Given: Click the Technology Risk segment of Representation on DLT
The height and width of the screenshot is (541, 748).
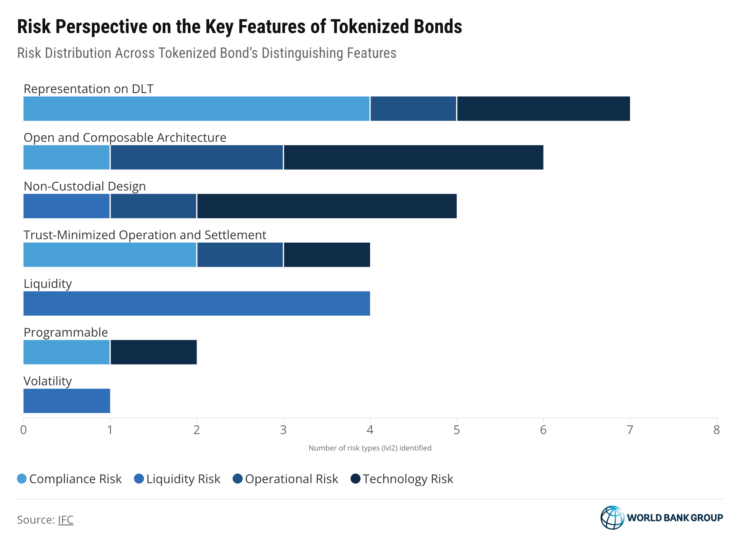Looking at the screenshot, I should click(x=543, y=109).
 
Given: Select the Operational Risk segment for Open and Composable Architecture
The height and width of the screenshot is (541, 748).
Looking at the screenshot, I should click(x=197, y=157).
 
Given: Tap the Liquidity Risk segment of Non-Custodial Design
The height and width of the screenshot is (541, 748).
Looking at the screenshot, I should click(x=67, y=206).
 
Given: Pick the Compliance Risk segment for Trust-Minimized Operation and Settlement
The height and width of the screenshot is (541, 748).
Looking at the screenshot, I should click(x=110, y=255).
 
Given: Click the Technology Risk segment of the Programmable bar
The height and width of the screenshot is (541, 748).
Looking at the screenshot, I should click(x=154, y=352).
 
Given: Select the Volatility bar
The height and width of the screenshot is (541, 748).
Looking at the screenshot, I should click(x=67, y=401).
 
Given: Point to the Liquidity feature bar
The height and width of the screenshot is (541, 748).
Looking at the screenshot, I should click(x=197, y=304).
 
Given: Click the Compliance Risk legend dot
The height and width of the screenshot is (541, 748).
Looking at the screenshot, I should click(x=22, y=479).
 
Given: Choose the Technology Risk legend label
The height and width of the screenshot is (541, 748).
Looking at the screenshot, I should click(x=408, y=479).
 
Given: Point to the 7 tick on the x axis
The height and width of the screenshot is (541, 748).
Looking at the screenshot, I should click(x=630, y=430).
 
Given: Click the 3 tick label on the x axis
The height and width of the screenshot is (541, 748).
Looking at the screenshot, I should click(x=283, y=430).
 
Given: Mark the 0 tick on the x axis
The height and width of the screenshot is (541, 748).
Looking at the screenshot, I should click(x=23, y=430).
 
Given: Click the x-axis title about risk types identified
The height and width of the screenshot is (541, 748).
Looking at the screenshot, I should click(x=370, y=448).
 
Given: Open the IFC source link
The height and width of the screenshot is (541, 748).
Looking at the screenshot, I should click(x=66, y=520).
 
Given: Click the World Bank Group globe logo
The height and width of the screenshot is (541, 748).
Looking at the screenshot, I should click(x=612, y=518).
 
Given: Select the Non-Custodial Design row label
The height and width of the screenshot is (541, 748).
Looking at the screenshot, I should click(x=85, y=186).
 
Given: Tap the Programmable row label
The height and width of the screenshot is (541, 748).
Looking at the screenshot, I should click(x=66, y=332).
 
